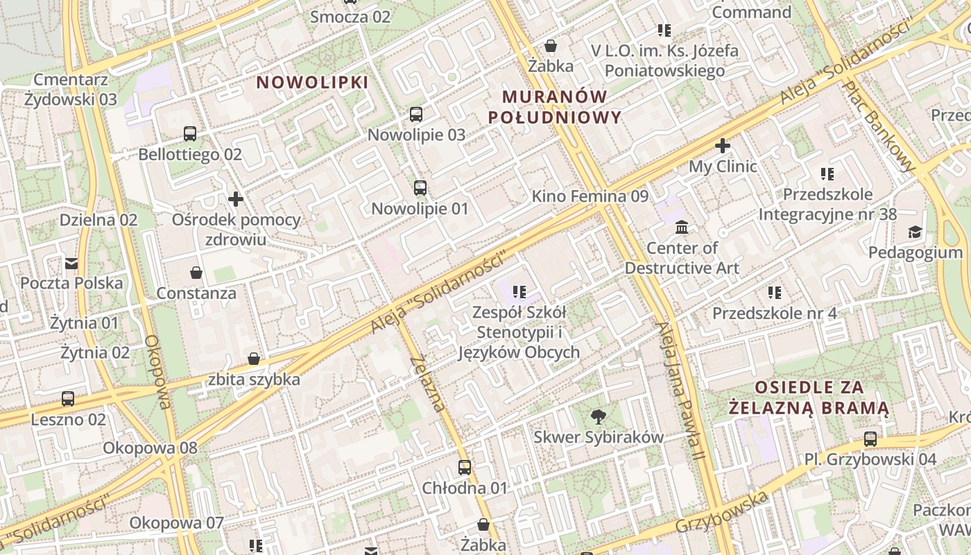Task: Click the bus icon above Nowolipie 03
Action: (x=416, y=114)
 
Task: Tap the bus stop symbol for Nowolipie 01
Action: (x=420, y=187)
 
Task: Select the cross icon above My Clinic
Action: (x=723, y=146)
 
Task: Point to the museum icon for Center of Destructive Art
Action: (x=682, y=227)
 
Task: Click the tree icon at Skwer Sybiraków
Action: (x=598, y=416)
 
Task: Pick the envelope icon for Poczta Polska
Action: (x=71, y=263)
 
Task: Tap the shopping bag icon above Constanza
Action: (x=196, y=272)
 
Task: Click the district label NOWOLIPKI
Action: (x=312, y=83)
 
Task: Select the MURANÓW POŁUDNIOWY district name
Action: (x=555, y=107)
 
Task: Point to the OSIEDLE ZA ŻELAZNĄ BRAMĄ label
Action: (x=809, y=397)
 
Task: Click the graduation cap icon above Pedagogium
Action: (x=916, y=232)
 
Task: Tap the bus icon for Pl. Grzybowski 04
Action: (x=870, y=438)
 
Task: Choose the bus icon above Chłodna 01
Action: (x=465, y=468)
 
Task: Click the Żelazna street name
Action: (x=427, y=383)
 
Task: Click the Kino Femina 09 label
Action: (x=590, y=196)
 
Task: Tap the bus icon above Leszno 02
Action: (x=68, y=399)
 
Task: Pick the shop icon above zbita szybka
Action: (x=254, y=359)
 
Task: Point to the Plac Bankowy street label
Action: (x=879, y=126)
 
